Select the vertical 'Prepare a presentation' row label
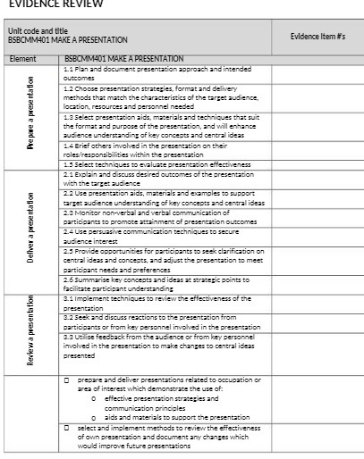tap(31, 116)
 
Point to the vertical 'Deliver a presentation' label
tap(31, 230)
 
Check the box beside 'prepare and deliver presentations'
tap(68, 380)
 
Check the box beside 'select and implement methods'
tap(68, 428)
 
